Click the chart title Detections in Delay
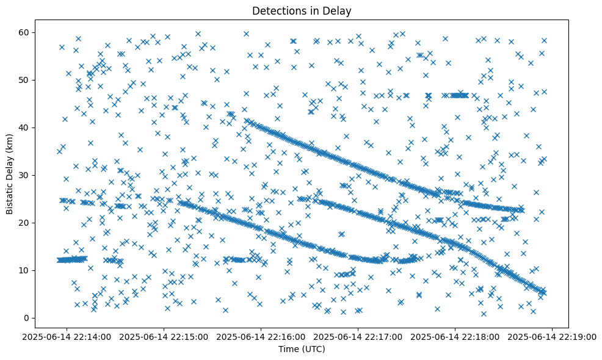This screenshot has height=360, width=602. point(302,10)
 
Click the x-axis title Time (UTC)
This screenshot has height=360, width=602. point(302,349)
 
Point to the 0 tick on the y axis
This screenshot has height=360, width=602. point(27,318)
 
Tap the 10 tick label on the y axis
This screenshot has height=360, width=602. point(25,270)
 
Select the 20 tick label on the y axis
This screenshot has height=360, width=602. point(25,223)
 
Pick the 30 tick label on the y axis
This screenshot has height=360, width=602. point(25,175)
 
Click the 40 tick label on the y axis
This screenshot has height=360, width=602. point(25,128)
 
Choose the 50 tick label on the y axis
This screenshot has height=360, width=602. point(25,80)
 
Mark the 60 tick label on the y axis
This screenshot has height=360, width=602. point(25,32)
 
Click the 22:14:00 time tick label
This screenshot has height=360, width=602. point(67,336)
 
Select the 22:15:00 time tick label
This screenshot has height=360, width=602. point(164,336)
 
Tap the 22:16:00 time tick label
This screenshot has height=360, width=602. point(261,336)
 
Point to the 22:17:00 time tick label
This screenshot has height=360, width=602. point(358,336)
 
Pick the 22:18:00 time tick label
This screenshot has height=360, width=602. point(455,336)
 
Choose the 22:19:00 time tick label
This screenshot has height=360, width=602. point(553,336)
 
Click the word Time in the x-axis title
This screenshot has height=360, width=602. point(288,349)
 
